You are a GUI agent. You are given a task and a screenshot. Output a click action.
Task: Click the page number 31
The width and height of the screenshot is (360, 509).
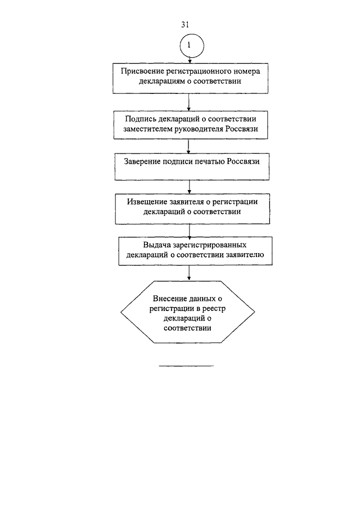pos(184,24)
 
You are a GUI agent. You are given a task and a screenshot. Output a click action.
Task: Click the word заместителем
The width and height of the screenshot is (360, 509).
pos(148,129)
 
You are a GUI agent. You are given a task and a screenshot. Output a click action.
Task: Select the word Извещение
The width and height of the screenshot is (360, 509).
pos(147,201)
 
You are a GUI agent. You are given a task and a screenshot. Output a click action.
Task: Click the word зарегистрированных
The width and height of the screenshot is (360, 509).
pos(209,245)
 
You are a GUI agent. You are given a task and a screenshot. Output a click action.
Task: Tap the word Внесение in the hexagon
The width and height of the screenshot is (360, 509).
pos(169,299)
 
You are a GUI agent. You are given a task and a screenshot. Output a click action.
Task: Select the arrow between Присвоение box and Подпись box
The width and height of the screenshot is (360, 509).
pos(188,102)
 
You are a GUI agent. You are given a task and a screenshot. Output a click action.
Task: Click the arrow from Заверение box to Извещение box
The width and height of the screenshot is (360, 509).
pos(190,187)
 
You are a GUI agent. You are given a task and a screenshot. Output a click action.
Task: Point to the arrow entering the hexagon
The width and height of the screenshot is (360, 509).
pos(189,273)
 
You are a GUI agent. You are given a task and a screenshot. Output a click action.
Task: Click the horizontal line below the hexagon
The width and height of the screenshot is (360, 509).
pos(186,366)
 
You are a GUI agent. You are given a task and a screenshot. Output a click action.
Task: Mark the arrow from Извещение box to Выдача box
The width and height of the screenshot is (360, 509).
pos(190,231)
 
